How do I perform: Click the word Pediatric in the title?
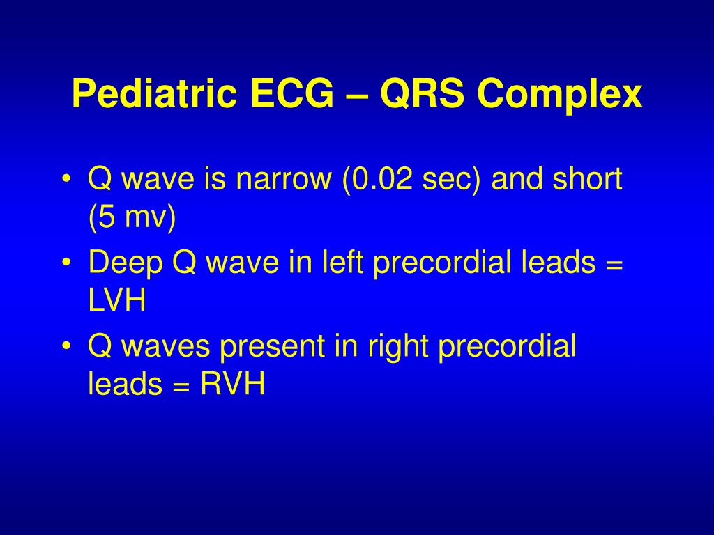[154, 94]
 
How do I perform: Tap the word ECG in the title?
[292, 94]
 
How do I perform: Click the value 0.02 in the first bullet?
[381, 178]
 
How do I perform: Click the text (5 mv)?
[132, 217]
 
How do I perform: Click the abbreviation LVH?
[117, 300]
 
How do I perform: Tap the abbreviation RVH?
[233, 384]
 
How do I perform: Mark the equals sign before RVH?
[182, 385]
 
